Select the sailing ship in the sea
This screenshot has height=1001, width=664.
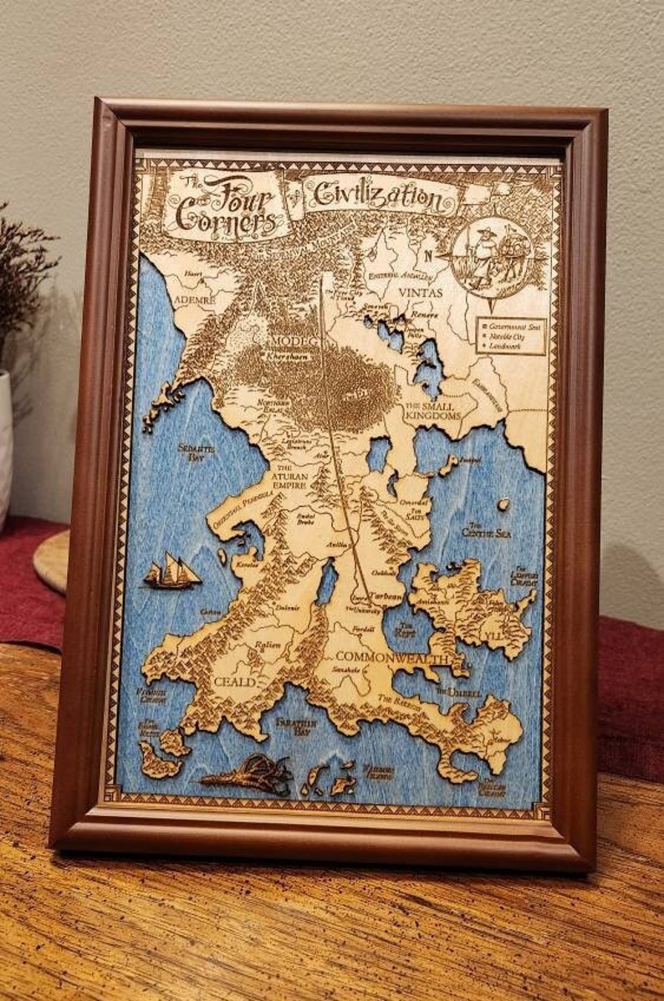(173, 572)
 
